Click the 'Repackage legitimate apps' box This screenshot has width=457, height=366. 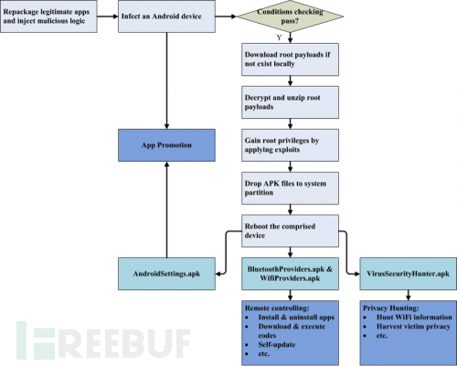[x=48, y=16]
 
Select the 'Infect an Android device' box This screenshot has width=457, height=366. [x=166, y=16]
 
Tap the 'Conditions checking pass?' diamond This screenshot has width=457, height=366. [x=290, y=16]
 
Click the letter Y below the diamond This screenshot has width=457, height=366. [x=279, y=38]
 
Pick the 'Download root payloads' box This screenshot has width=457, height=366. [x=290, y=59]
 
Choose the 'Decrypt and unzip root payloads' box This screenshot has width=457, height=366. [x=290, y=102]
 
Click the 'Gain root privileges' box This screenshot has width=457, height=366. [x=290, y=145]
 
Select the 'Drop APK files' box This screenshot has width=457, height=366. [x=290, y=188]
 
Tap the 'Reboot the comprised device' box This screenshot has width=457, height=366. [x=290, y=231]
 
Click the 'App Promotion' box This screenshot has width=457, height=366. [x=166, y=145]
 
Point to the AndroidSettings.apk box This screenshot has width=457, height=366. [x=166, y=274]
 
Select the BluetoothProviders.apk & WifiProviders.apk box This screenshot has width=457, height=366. [x=290, y=274]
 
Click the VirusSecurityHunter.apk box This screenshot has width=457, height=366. [x=409, y=274]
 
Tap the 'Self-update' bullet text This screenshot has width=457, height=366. [x=277, y=345]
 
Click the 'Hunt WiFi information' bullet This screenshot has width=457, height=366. [x=414, y=318]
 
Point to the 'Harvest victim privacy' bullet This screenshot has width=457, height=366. [x=413, y=327]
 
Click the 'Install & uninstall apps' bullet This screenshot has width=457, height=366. [x=296, y=318]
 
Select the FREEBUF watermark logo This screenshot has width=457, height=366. [x=103, y=340]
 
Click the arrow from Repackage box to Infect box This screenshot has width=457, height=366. [x=108, y=16]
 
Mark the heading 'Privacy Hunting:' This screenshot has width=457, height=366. [x=391, y=308]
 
